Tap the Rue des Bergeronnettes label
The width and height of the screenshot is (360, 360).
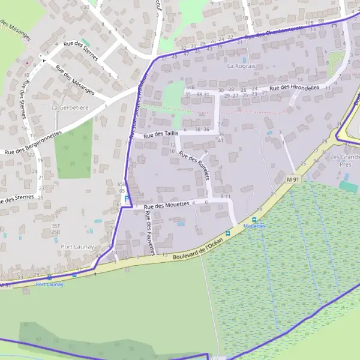click(x=33, y=145)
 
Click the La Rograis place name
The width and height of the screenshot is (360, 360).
click(x=242, y=66)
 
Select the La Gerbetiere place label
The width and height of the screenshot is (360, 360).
click(x=70, y=107)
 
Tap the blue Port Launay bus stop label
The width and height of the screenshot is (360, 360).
click(x=49, y=284)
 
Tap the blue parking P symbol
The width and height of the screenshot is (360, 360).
click(x=127, y=199)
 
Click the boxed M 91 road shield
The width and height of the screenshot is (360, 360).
click(x=292, y=179)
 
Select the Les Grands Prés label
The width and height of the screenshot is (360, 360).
click(x=344, y=160)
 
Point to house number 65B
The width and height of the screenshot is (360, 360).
click(x=122, y=184)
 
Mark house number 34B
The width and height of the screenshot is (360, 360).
click(x=190, y=88)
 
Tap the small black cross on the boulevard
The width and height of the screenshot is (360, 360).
click(x=95, y=274)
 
